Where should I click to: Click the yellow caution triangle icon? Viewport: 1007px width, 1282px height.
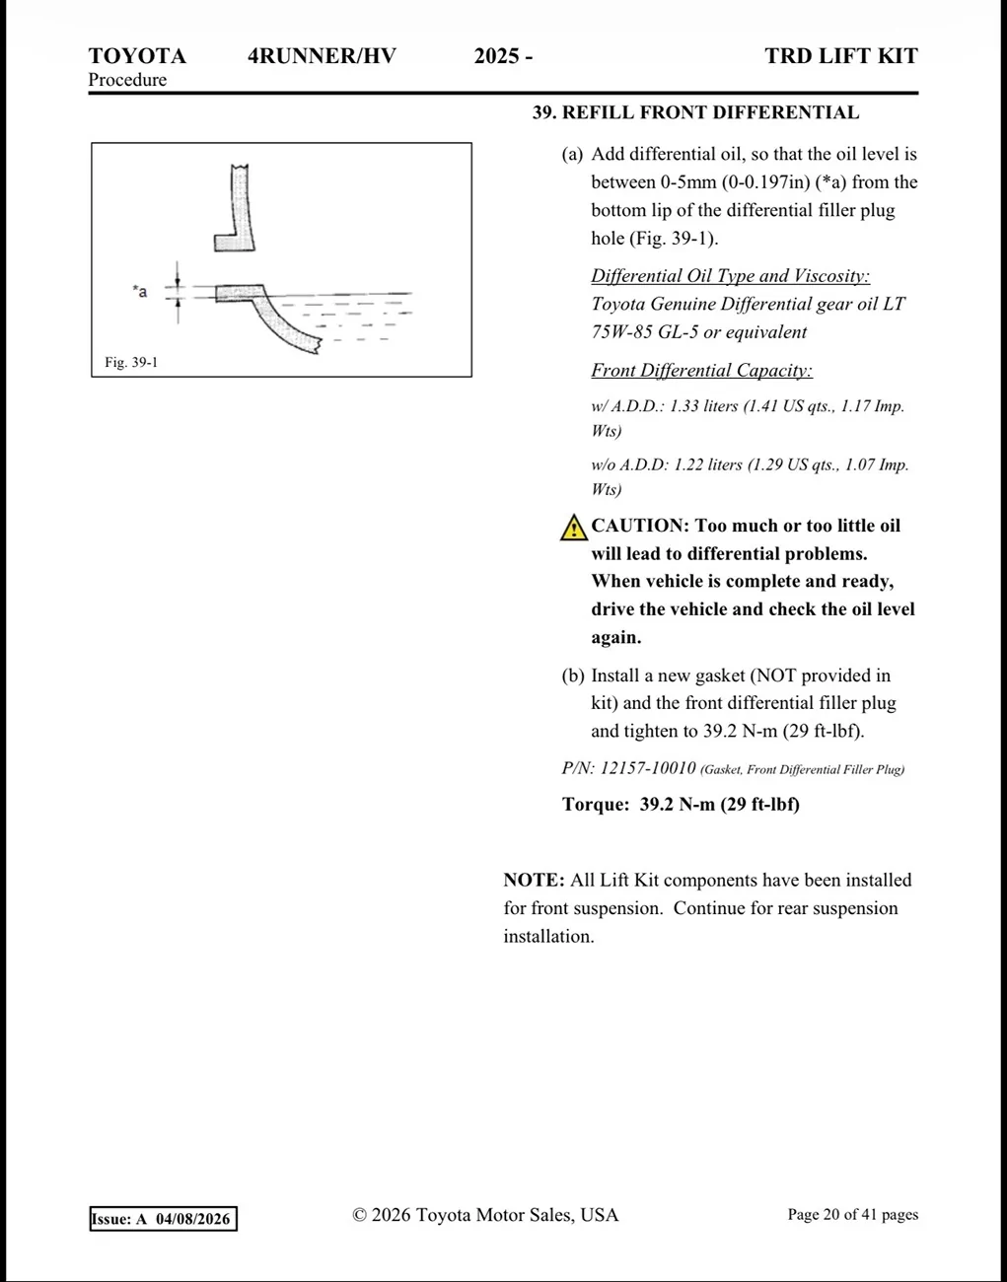coord(573,528)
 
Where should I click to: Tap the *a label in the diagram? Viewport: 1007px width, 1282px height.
coord(140,291)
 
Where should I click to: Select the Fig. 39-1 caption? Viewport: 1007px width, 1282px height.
coord(131,362)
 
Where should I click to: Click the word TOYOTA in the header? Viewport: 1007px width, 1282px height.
coord(137,56)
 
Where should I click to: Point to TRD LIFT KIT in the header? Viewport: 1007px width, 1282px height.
coord(841,56)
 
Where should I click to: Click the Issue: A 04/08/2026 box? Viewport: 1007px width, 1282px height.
coord(164,1218)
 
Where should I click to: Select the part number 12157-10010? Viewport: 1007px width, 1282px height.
coord(648,768)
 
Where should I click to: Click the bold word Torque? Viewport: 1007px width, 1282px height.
coord(596,804)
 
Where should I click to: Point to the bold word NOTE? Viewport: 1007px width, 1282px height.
coord(534,880)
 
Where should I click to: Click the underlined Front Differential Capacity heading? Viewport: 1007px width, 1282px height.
coord(701,370)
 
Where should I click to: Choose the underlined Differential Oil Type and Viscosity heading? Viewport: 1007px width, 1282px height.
coord(730,275)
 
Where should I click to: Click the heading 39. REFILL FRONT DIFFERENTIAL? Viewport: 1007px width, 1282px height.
coord(695,112)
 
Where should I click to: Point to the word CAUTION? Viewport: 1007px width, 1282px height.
coord(640,526)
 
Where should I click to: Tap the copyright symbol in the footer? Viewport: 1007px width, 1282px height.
coord(359,1215)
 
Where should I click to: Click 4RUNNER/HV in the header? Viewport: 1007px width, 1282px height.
coord(323,56)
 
